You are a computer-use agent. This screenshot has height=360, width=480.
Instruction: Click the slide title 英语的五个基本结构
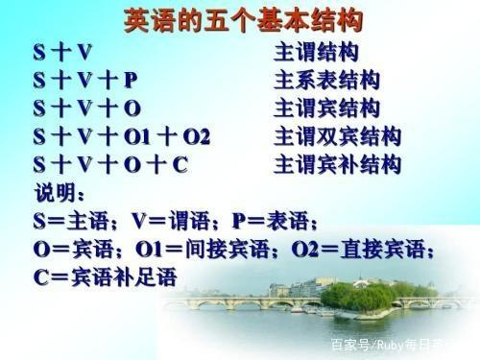241,19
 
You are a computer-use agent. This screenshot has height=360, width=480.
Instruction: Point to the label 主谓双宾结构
337,135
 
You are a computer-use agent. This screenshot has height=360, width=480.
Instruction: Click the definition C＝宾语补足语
106,278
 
